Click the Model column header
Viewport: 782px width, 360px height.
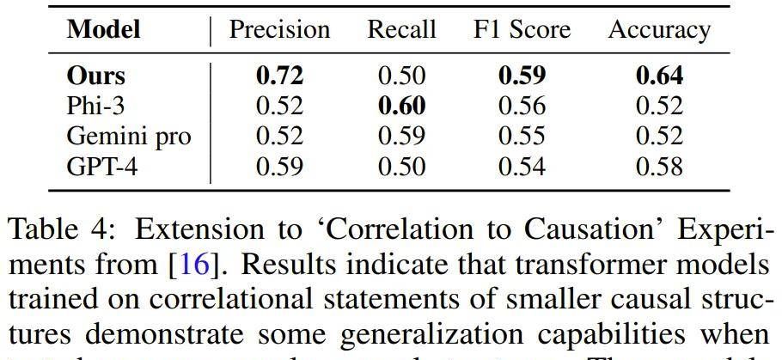[x=104, y=30]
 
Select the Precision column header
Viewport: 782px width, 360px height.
[x=279, y=30]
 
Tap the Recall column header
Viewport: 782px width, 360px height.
[x=401, y=30]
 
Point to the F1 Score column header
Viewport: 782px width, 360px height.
[x=521, y=30]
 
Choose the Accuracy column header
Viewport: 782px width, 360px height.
[x=659, y=30]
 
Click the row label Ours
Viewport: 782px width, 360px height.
[x=95, y=76]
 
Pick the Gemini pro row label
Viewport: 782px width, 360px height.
[x=129, y=136]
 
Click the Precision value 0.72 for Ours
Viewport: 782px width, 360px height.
[x=279, y=76]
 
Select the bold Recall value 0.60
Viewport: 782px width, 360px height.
[x=401, y=106]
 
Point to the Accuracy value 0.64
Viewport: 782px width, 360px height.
[x=659, y=76]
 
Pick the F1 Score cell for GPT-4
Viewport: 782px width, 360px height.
[x=521, y=165]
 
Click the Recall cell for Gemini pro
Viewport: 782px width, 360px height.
[x=401, y=136]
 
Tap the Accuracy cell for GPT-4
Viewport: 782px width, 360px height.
[x=659, y=165]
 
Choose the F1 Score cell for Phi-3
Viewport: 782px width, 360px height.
[x=521, y=106]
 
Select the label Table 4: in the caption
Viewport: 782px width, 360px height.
[x=58, y=230]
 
